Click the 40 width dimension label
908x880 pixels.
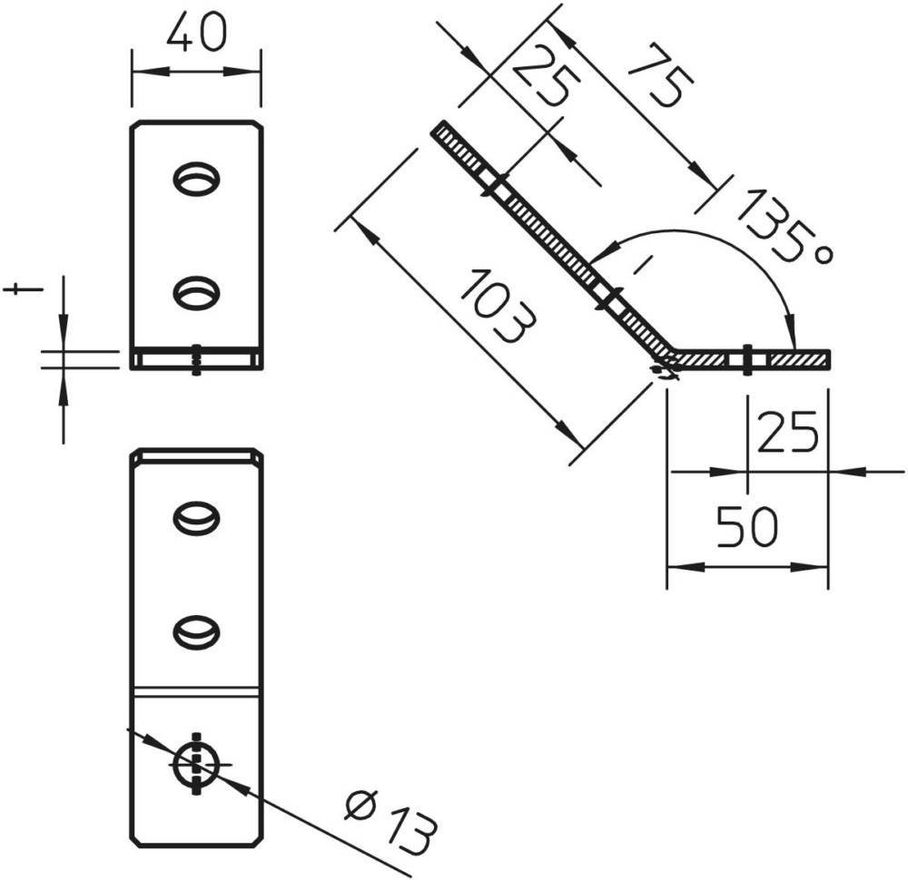point(197,33)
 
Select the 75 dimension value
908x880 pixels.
point(661,74)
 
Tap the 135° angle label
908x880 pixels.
point(785,226)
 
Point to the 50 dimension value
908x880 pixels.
point(747,526)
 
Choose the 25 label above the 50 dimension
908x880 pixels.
point(787,432)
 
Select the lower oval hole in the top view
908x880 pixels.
point(196,293)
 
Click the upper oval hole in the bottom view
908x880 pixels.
point(196,518)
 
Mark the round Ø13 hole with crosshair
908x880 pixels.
point(196,764)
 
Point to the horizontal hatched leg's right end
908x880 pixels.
point(829,358)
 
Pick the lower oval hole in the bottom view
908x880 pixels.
point(196,631)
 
